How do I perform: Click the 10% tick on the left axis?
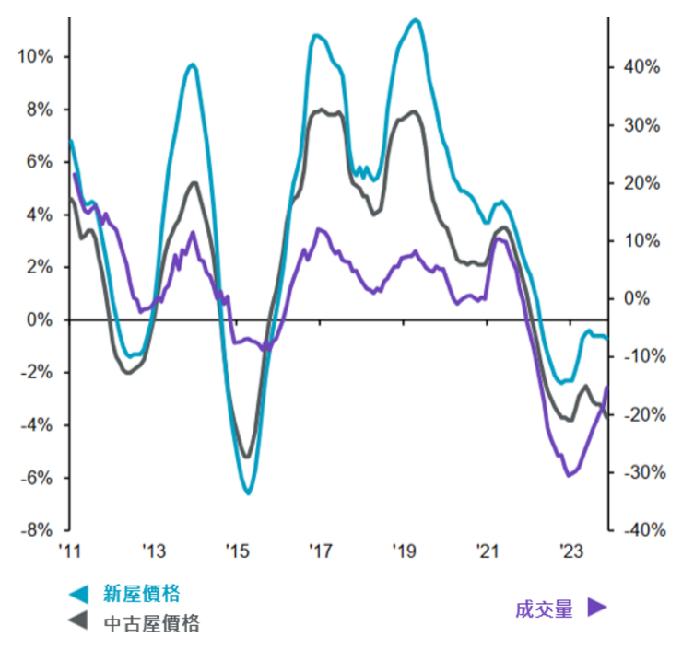35,57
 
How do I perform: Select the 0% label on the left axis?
38,320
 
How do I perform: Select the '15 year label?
237,552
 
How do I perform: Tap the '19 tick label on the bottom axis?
405,552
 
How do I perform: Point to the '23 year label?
572,552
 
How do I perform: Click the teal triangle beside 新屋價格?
80,595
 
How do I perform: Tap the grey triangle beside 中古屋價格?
80,623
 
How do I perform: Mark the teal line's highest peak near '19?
416,19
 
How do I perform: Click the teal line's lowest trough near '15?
248,493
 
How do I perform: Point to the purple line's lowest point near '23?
569,476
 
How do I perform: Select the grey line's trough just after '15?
246,457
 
